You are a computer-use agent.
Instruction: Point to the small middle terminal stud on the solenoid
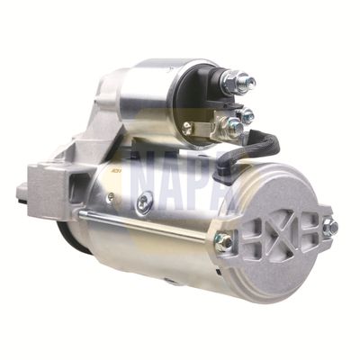tap(246, 114)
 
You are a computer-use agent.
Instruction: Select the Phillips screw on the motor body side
tap(144, 204)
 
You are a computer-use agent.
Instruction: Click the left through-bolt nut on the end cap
tap(222, 241)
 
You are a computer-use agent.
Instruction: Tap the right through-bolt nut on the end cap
tap(329, 228)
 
